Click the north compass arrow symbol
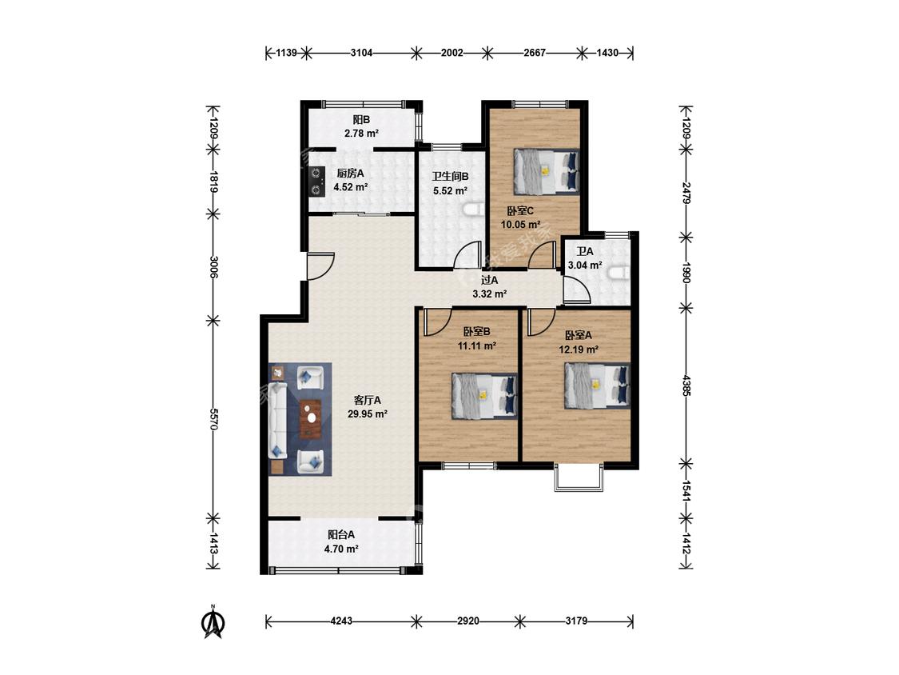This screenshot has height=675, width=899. click(x=213, y=622)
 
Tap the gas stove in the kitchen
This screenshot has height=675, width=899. click(x=316, y=181)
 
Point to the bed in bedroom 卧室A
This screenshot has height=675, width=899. click(x=598, y=385)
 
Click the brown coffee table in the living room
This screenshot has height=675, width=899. click(x=311, y=418)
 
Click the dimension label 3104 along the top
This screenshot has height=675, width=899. click(x=362, y=53)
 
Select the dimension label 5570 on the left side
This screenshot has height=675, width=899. click(x=213, y=419)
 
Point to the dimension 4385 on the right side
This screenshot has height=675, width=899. click(x=686, y=385)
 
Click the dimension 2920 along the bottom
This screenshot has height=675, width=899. click(x=468, y=621)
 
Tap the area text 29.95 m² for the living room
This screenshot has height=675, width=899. click(x=368, y=413)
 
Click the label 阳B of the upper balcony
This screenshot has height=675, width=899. click(x=361, y=120)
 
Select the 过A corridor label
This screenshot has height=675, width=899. click(x=489, y=280)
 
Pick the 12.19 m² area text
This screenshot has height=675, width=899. click(x=579, y=349)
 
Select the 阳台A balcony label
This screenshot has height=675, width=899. click(x=341, y=535)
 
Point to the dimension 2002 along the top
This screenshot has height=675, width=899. click(x=451, y=53)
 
